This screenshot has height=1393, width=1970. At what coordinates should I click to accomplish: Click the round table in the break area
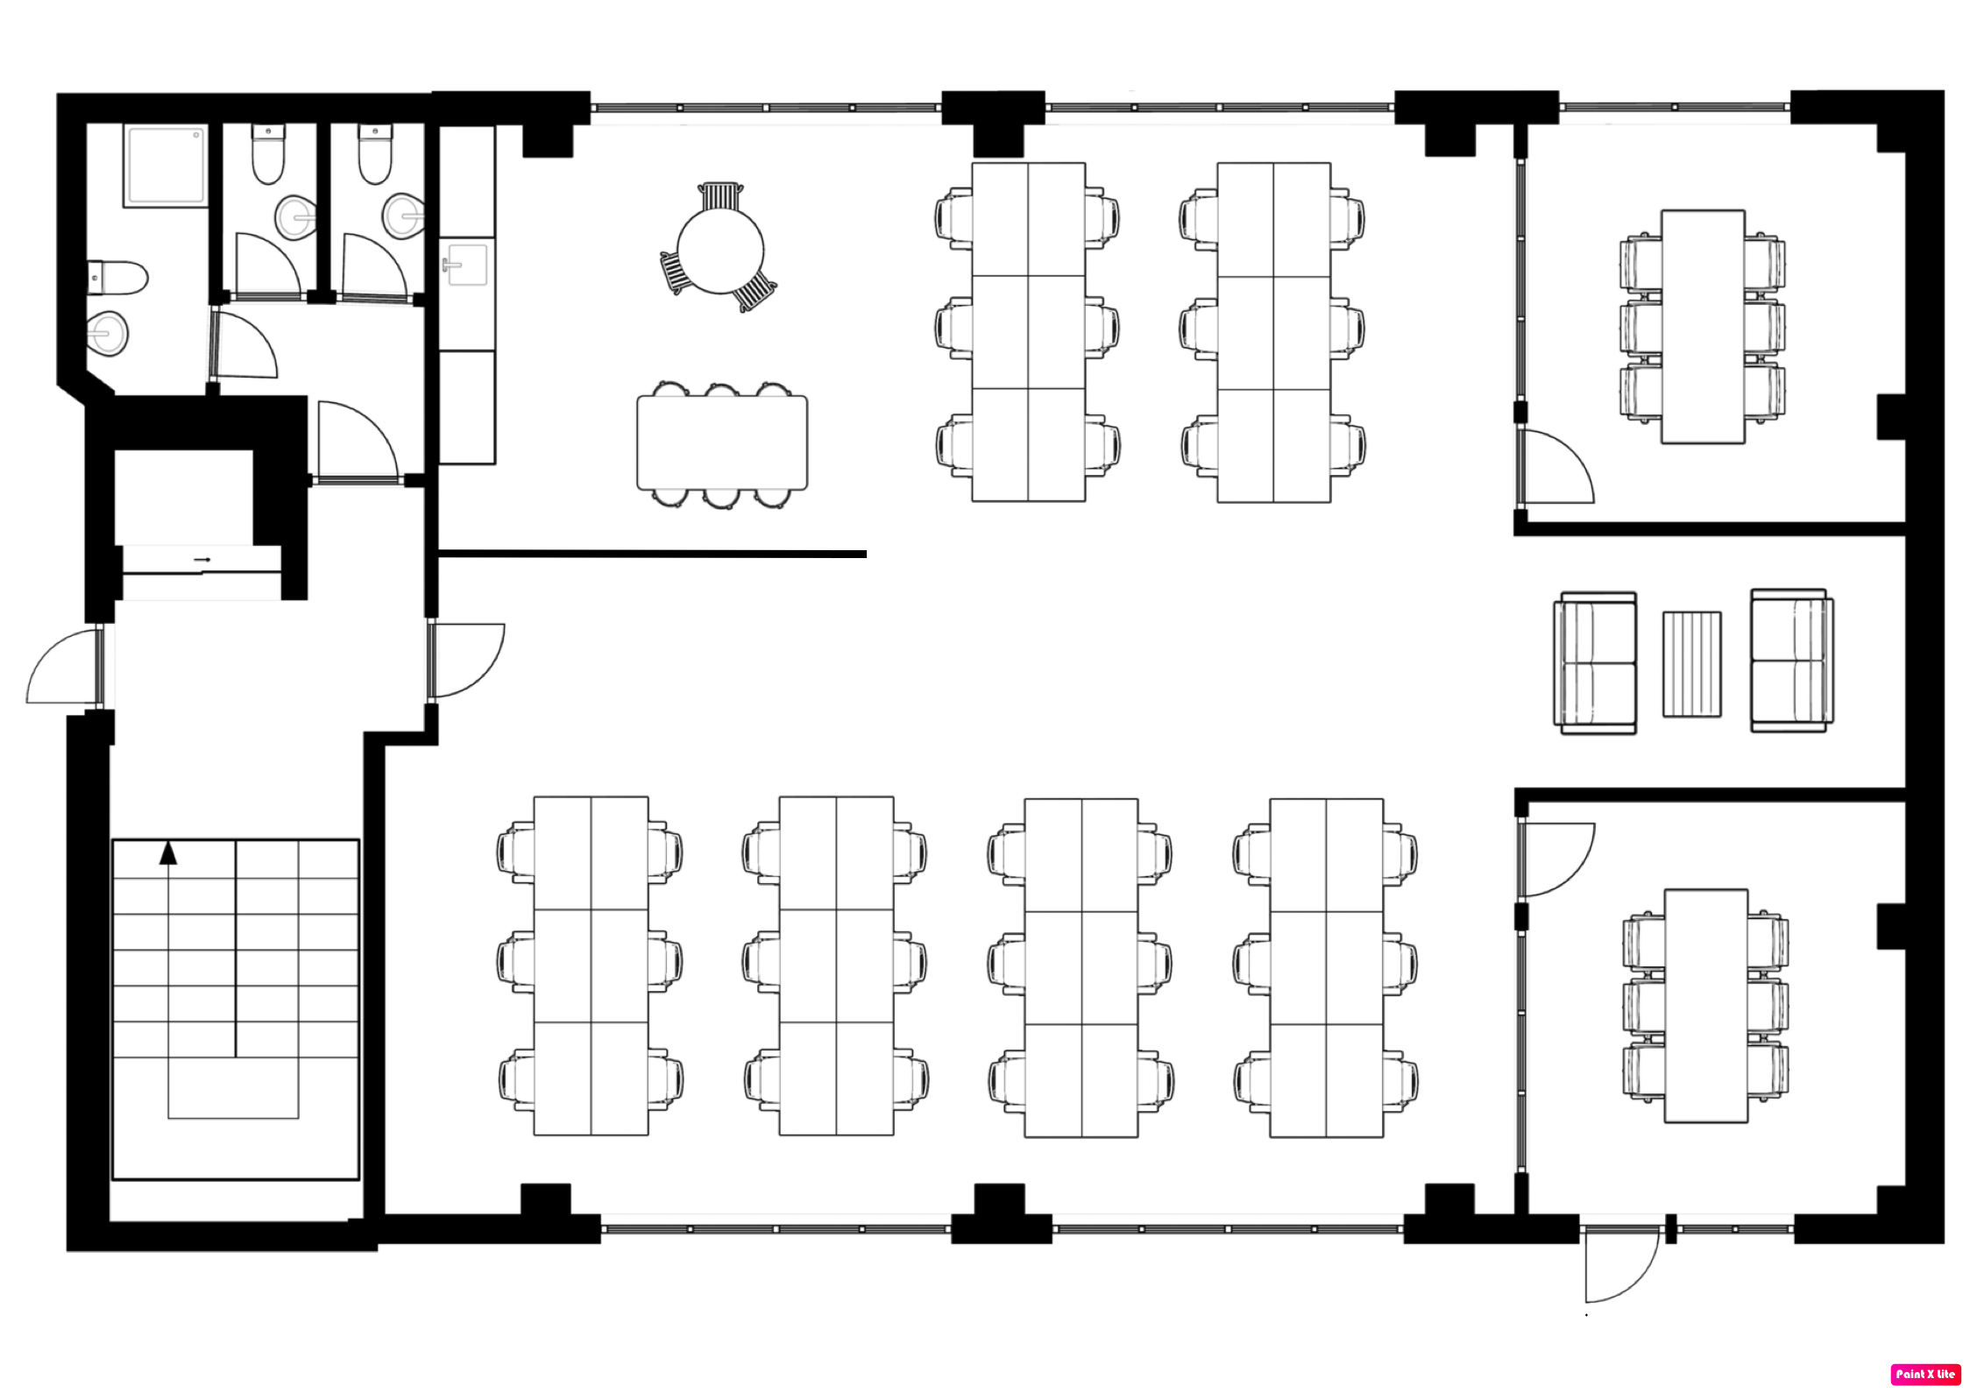click(720, 249)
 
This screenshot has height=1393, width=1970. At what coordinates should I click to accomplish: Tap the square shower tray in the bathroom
click(167, 166)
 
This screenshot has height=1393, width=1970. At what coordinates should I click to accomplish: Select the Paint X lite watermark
click(1925, 1374)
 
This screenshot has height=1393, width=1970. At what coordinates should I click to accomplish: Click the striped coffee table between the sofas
click(1691, 664)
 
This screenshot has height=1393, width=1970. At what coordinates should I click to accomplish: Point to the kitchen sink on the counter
click(466, 265)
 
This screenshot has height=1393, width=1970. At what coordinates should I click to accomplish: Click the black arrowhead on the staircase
click(168, 852)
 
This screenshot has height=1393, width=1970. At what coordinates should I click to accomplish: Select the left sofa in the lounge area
click(1595, 662)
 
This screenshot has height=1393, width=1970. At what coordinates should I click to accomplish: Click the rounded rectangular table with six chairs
click(722, 442)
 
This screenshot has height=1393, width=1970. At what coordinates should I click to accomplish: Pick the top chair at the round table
click(720, 196)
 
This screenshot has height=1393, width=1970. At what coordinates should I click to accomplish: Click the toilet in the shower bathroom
click(117, 278)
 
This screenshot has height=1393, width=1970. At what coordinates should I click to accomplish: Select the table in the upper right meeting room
click(1703, 326)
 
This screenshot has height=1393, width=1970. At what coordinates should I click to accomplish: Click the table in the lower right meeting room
click(1705, 1006)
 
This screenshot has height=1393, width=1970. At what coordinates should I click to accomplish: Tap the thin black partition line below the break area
click(652, 554)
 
